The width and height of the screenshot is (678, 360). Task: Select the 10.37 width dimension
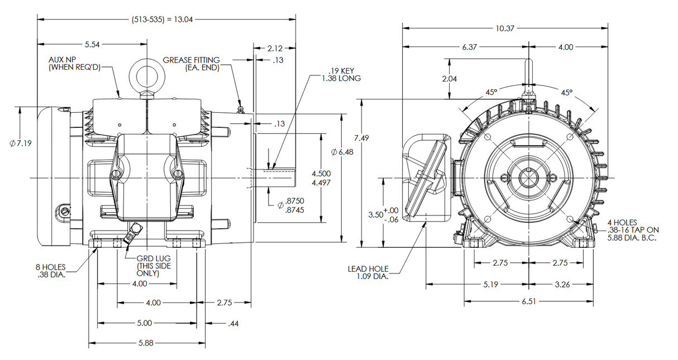(x=505, y=28)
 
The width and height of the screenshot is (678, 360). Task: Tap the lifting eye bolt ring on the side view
(x=147, y=75)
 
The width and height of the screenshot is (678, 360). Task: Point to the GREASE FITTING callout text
(x=192, y=64)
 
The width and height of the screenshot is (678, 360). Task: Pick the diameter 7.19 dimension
(x=21, y=143)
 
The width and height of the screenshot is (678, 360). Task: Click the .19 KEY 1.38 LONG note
(x=341, y=74)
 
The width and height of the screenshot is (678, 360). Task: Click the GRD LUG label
(x=154, y=266)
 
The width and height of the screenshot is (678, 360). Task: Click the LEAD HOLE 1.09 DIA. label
(x=367, y=272)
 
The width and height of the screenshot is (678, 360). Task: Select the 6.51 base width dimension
(x=528, y=302)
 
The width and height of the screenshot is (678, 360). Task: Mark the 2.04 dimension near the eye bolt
(x=450, y=79)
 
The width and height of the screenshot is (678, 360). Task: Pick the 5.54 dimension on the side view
(x=93, y=44)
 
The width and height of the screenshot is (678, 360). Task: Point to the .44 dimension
(x=234, y=323)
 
